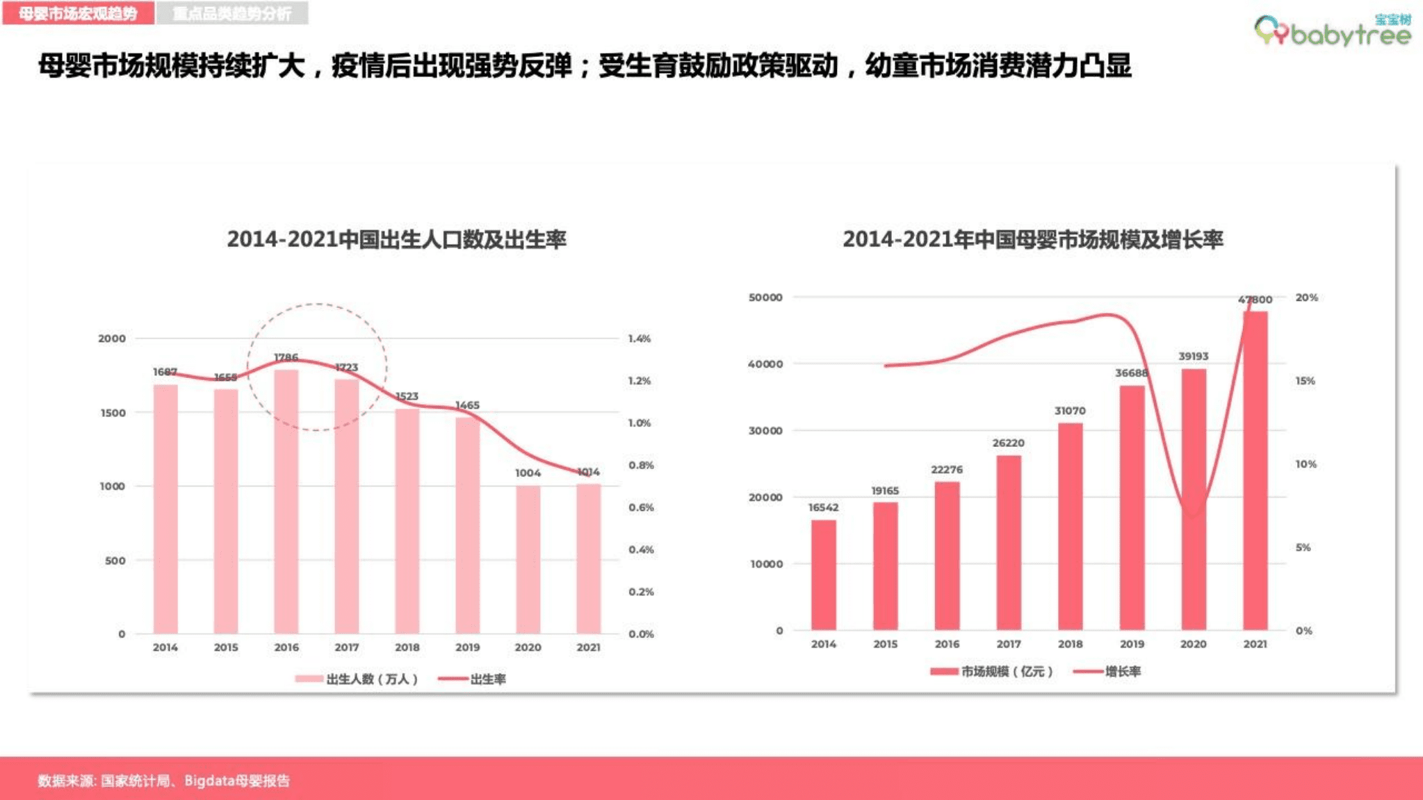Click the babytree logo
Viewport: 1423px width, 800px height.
1333,31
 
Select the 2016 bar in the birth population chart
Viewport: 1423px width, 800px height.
286,500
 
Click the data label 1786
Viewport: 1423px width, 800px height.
286,357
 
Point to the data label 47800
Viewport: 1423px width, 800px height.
1255,300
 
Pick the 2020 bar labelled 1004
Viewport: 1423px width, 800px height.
528,560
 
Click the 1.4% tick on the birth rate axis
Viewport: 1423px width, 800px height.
639,338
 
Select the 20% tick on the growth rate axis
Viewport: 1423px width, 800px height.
1306,297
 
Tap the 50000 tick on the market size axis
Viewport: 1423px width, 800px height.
765,297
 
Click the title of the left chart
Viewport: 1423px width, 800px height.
396,239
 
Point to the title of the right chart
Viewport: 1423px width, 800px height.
1032,239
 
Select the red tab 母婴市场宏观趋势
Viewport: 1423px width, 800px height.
78,13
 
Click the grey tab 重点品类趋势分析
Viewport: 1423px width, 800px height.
232,13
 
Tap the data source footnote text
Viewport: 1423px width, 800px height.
163,781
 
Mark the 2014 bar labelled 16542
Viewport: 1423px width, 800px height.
824,575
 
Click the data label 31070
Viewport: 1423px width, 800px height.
1070,411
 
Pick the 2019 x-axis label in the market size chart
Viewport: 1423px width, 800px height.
1132,644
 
